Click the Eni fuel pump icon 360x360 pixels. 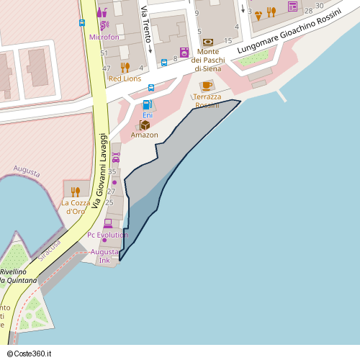[148, 105]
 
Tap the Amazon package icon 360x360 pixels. [145, 125]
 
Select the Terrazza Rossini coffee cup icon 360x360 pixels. [207, 86]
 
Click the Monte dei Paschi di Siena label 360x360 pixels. [207, 60]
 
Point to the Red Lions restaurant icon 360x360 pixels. [125, 68]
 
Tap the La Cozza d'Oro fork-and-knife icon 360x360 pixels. [76, 192]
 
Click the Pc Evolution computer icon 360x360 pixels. [108, 224]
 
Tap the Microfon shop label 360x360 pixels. [104, 37]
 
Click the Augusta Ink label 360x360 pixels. [104, 256]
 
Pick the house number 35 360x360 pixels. [112, 171]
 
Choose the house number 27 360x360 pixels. [111, 192]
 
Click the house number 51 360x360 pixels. [104, 53]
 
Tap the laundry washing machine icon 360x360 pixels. [184, 52]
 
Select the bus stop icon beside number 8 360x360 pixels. [164, 62]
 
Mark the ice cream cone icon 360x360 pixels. [258, 14]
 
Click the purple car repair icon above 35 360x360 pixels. [116, 156]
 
